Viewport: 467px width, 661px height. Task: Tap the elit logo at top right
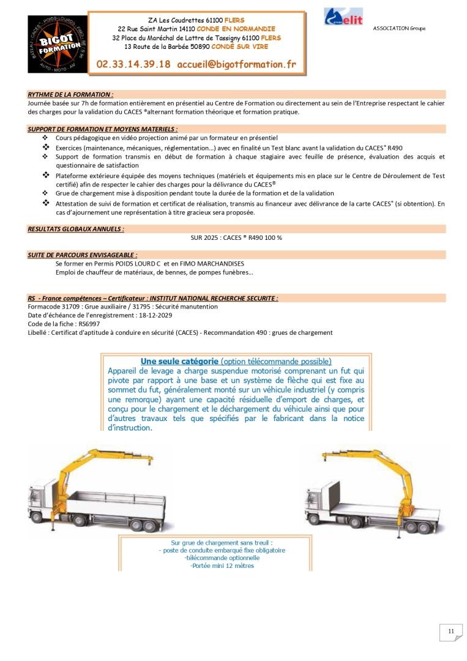(343, 17)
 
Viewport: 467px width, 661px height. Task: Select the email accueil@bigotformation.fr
(236, 64)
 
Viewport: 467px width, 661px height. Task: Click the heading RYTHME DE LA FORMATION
(70, 95)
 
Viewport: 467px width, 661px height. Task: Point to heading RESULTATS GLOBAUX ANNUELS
(76, 228)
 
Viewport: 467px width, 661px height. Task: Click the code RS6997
(89, 324)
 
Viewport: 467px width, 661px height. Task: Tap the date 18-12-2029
(152, 315)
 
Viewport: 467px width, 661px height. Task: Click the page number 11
(450, 632)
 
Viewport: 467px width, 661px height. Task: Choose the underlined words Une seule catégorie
(179, 361)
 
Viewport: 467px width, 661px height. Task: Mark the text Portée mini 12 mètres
(222, 566)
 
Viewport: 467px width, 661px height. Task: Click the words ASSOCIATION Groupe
(399, 29)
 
